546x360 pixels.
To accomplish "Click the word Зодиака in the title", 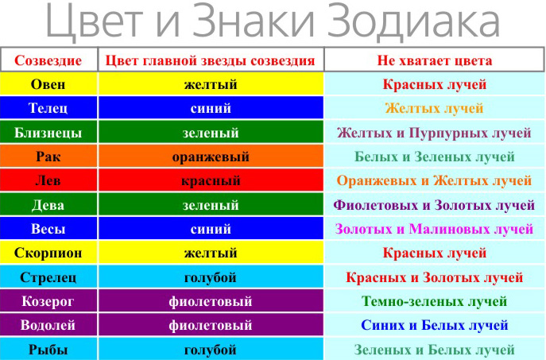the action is [414, 21].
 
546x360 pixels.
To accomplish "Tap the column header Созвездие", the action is [48, 60].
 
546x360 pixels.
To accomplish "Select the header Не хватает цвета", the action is [435, 60].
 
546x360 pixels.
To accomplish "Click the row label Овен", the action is [48, 84].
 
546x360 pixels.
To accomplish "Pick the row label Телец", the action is [48, 108].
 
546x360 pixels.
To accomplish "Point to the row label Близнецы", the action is [48, 133].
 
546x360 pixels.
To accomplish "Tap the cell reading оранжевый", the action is [211, 157].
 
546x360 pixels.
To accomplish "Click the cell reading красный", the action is [211, 180].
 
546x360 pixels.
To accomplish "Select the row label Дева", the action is [48, 205].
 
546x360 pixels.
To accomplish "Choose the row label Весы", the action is [48, 229].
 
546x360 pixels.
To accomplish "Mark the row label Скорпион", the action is [48, 253].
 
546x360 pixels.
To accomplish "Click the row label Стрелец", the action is [48, 277].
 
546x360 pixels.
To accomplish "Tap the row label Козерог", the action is [48, 301].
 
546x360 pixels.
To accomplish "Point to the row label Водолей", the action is [48, 325].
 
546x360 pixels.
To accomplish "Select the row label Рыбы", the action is [48, 349].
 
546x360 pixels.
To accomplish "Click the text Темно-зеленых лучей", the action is [434, 301].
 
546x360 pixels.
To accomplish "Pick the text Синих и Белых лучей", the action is [434, 325].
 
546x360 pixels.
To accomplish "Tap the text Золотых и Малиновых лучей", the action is [434, 229].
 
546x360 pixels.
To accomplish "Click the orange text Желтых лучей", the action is [434, 108].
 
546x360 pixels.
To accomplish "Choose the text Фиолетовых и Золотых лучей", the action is [434, 205].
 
